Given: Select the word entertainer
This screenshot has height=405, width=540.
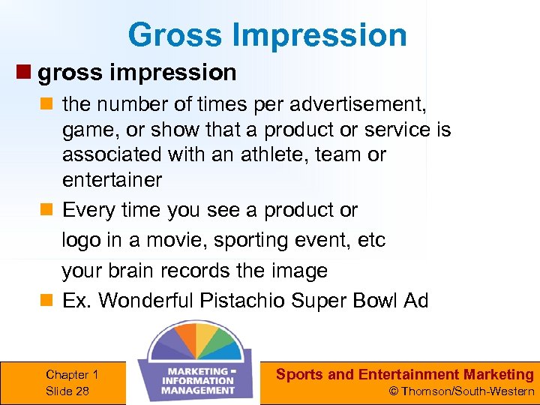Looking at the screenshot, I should coord(112,180).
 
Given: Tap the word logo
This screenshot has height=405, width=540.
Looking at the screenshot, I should coord(82,240).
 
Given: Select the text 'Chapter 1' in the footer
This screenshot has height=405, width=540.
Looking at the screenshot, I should coord(72,374).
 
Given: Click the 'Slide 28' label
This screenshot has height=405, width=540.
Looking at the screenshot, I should coord(67,390).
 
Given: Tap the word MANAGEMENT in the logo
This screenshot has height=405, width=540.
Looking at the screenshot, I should coord(198,389).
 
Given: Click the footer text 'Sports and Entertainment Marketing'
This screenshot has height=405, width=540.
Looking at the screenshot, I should coord(404,374).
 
